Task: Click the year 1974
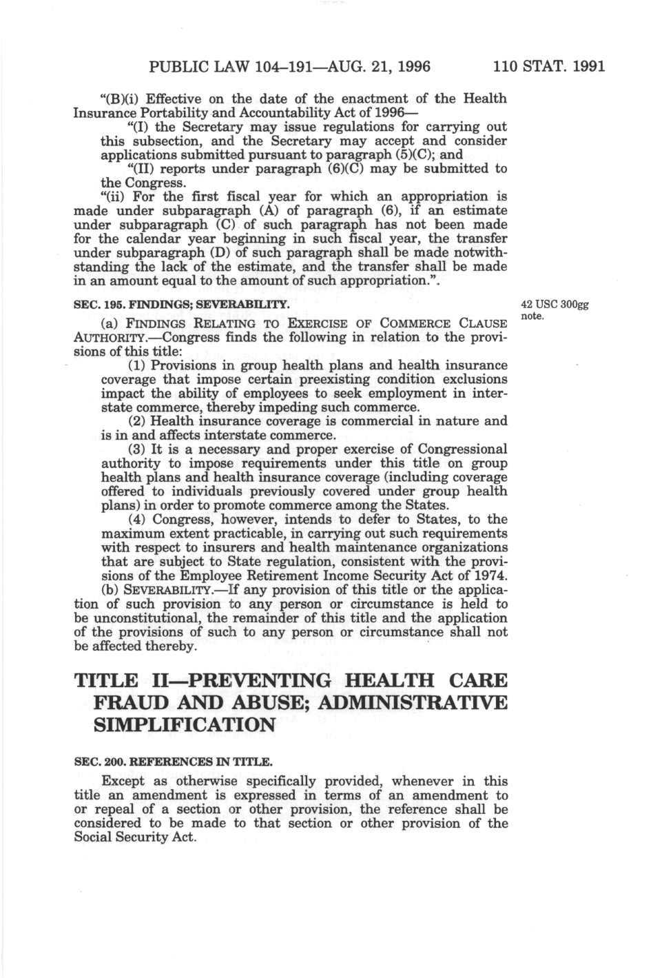click(490, 575)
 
